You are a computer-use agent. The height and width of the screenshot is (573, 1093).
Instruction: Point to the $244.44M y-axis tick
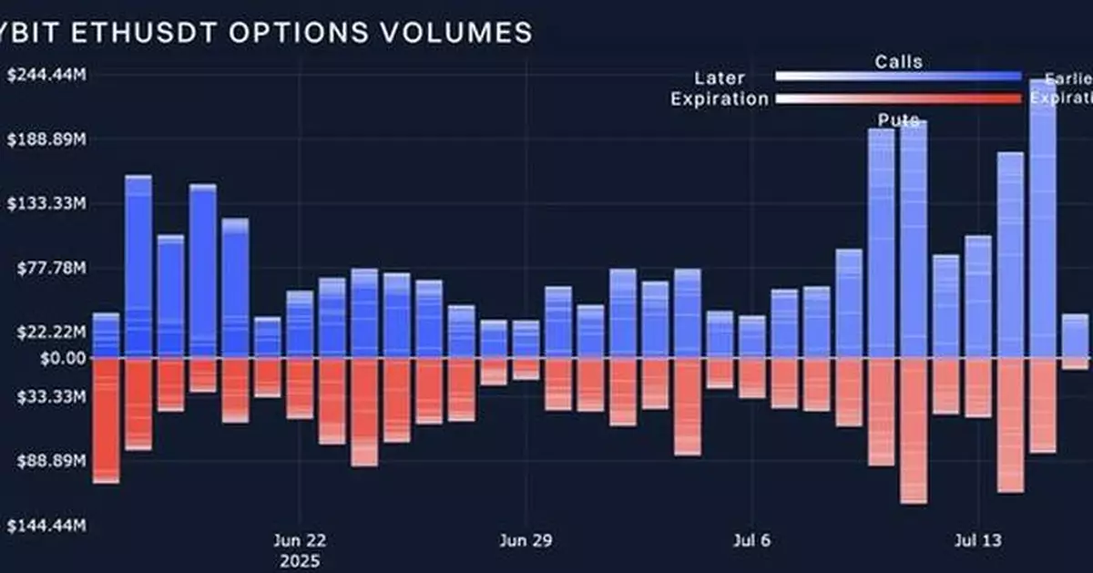(46, 76)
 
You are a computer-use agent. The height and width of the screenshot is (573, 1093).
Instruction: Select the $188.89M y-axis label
(46, 140)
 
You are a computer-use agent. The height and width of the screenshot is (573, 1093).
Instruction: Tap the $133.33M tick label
(46, 204)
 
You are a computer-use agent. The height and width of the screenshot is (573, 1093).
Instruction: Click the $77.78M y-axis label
(51, 269)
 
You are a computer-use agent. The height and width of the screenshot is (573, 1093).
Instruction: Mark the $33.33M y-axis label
(51, 397)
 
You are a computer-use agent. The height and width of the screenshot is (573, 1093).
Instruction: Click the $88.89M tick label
(51, 462)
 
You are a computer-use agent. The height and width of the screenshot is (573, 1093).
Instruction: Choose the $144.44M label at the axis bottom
(46, 527)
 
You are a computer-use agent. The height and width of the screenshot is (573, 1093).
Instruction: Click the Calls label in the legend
(898, 62)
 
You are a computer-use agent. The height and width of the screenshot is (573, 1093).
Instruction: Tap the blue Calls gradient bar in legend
(898, 77)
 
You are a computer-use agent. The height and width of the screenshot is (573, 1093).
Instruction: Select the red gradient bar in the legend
(898, 98)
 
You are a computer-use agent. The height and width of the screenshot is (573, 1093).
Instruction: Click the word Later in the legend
(719, 78)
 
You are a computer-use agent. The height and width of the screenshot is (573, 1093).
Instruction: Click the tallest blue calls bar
(1042, 219)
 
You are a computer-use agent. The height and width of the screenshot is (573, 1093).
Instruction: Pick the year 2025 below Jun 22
(300, 560)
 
